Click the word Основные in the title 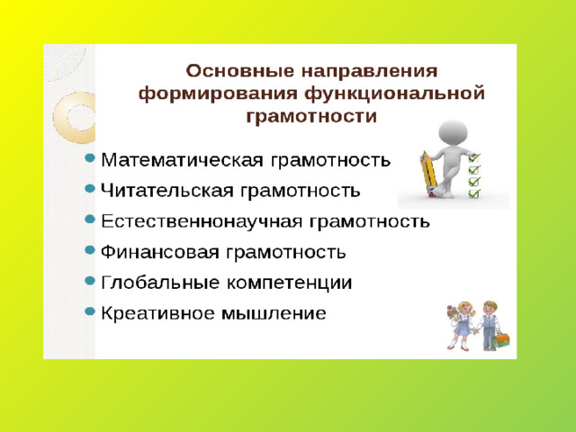[x=240, y=71]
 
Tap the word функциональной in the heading [x=394, y=94]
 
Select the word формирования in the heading [x=218, y=94]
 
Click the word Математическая [x=182, y=160]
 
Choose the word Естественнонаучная [x=202, y=221]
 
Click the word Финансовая [x=160, y=252]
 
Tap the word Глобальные [x=160, y=283]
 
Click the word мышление [x=274, y=314]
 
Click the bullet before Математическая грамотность [x=90, y=158]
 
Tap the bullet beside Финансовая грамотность [x=90, y=250]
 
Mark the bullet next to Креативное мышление [x=90, y=311]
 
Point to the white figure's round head [x=453, y=132]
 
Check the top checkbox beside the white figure [x=474, y=158]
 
